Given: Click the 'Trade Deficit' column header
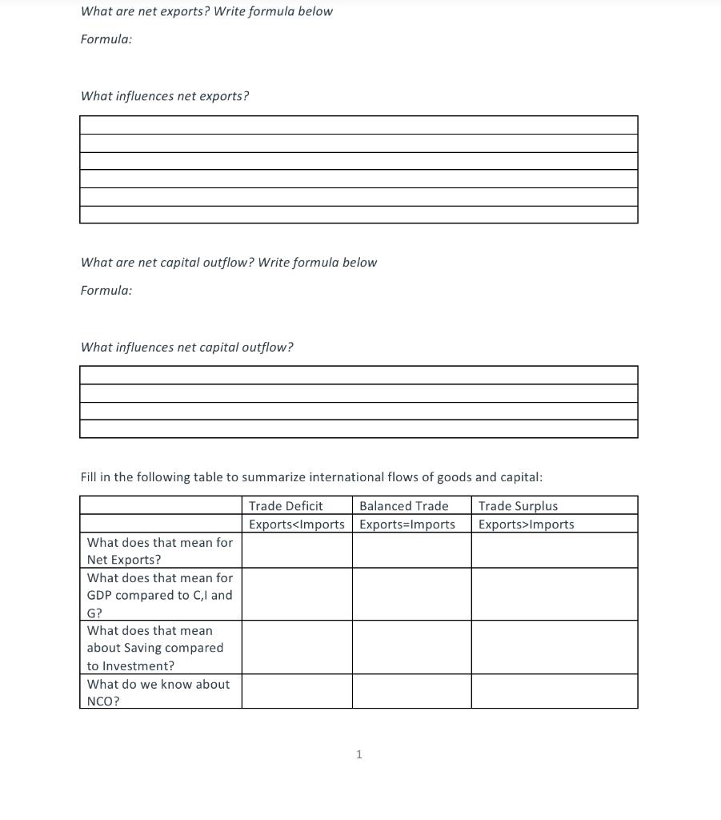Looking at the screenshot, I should click(286, 506).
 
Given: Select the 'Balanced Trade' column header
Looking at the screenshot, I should click(403, 506).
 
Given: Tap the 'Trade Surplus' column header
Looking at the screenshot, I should click(518, 506).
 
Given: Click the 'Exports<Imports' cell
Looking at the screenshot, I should click(296, 525).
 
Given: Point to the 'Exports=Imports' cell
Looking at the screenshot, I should click(407, 525).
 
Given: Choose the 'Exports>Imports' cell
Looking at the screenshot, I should click(526, 525).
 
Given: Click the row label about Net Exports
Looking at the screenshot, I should click(159, 551).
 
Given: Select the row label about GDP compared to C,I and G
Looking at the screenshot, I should click(159, 595).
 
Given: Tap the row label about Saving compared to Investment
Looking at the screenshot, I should click(155, 648).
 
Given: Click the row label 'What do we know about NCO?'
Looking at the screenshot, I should click(158, 692).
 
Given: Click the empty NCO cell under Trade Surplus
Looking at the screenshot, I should click(554, 691).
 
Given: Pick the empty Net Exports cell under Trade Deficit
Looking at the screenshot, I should click(296, 551).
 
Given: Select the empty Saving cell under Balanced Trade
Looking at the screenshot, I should click(411, 647).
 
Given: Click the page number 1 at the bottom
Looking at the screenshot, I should click(358, 754).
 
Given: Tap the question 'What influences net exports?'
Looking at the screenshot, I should click(165, 96).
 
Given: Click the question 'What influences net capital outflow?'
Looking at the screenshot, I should click(186, 348).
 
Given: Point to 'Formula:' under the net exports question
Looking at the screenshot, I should click(106, 39).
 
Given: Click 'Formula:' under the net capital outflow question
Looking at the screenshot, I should click(106, 291).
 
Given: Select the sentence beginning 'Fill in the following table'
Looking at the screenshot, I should click(310, 477).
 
